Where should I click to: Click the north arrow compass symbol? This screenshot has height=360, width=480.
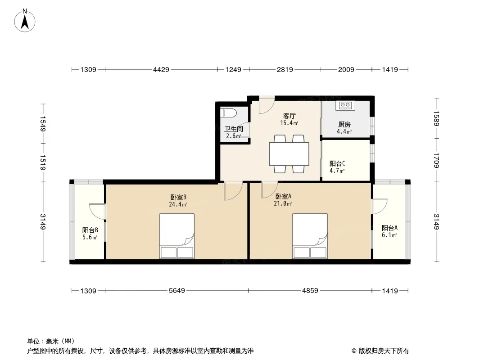click(25, 21)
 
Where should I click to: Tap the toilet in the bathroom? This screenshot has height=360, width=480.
click(228, 112)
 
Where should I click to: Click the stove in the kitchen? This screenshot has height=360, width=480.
click(345, 105)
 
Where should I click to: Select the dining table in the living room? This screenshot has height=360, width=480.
click(289, 154)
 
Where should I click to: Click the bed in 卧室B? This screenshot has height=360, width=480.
click(177, 236)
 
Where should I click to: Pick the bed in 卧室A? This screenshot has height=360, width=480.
click(310, 236)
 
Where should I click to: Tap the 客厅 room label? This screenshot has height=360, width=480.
click(289, 116)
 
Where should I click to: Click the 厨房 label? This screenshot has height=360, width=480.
click(344, 125)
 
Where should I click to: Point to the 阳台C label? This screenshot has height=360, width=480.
click(337, 164)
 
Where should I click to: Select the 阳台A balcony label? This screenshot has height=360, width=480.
click(389, 228)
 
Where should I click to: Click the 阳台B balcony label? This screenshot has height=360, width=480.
click(90, 230)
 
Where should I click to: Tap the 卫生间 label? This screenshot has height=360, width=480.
click(234, 129)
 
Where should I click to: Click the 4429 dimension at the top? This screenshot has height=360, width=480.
click(161, 70)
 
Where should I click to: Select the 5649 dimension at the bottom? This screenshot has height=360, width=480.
click(177, 291)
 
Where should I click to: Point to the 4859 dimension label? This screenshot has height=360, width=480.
click(310, 291)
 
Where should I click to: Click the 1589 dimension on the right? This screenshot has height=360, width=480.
click(436, 118)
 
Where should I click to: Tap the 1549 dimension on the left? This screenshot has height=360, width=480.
click(43, 124)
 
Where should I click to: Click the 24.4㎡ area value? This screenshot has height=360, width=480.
click(178, 204)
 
